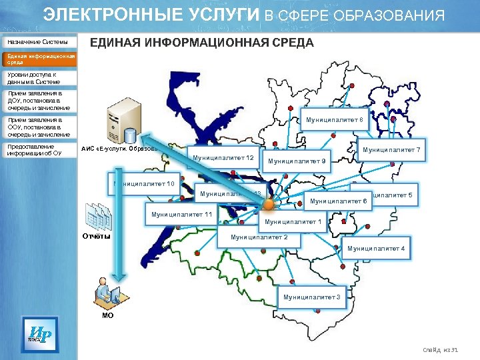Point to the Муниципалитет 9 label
297,161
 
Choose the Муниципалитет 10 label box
144,184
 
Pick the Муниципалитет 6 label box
339,201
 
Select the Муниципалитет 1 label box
293,222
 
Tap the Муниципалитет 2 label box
259,237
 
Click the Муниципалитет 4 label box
376,249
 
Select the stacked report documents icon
97,216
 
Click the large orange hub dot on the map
269,204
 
